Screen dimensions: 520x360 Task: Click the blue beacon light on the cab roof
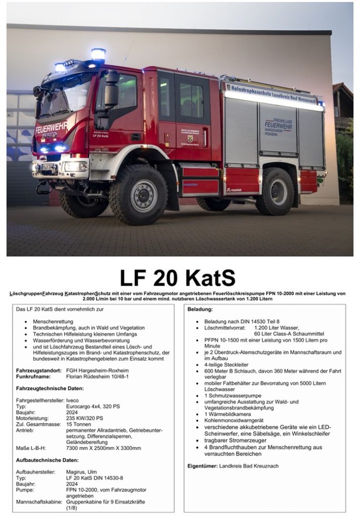pyautogui.click(x=98, y=54)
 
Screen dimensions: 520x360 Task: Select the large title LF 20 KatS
pyautogui.click(x=178, y=278)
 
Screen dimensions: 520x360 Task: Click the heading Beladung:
pyautogui.click(x=200, y=309)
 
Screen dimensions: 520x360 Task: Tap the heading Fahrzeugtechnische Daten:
pyautogui.click(x=49, y=388)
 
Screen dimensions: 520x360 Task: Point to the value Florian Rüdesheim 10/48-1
pyautogui.click(x=97, y=377)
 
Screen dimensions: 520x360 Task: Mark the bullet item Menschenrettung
pyautogui.click(x=53, y=322)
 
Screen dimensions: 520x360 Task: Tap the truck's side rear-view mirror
pyautogui.click(x=111, y=90)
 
